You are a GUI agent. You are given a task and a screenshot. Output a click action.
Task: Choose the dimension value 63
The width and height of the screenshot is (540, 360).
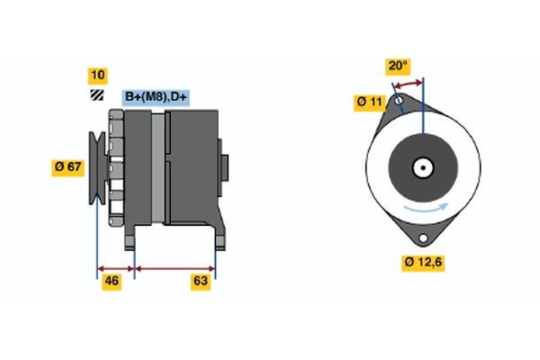pyautogui.click(x=201, y=282)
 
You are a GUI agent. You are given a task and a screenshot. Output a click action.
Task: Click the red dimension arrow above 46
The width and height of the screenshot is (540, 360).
pyautogui.click(x=115, y=267)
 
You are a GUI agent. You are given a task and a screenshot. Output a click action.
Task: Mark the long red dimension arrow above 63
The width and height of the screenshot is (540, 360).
pyautogui.click(x=175, y=267)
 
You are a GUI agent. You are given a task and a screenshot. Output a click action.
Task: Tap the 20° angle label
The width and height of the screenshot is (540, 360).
pyautogui.click(x=397, y=66)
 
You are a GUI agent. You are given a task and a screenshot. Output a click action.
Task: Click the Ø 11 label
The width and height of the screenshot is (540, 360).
pyautogui.click(x=370, y=103)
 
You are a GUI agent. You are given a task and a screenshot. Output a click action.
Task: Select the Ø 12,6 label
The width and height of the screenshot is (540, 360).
pyautogui.click(x=422, y=263)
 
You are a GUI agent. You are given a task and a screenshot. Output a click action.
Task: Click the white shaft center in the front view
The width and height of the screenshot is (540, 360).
pyautogui.click(x=422, y=166)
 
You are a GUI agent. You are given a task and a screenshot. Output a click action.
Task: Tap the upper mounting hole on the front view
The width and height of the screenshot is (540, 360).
pyautogui.click(x=399, y=102)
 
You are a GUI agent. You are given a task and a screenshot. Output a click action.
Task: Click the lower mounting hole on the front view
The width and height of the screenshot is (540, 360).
pyautogui.click(x=422, y=237)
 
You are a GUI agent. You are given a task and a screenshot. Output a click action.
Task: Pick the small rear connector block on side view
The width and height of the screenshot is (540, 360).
pyautogui.click(x=223, y=166)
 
